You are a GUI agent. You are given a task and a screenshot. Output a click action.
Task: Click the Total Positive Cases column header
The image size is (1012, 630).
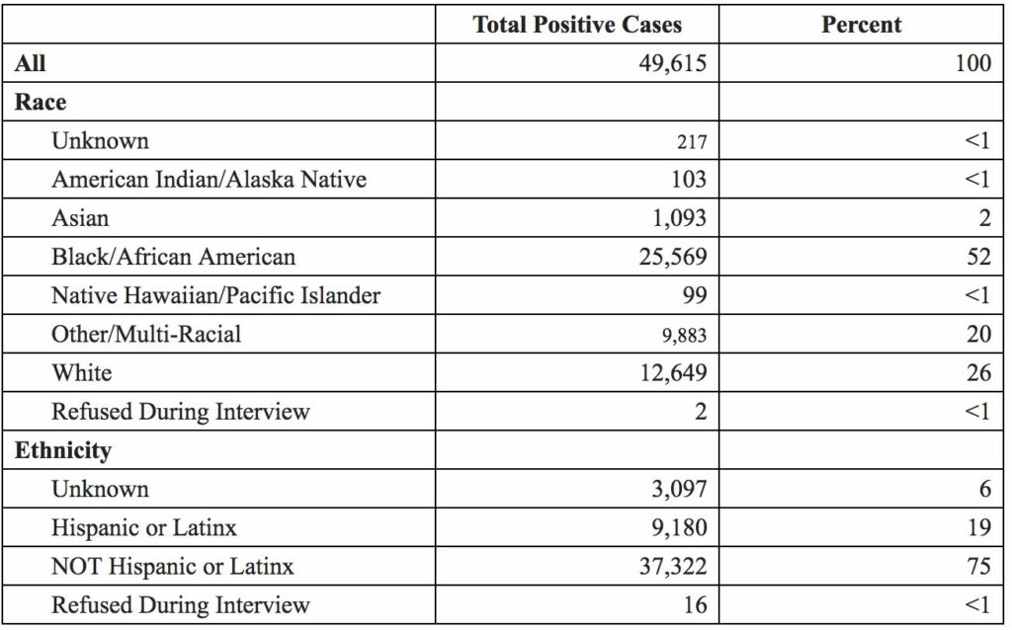point(577,26)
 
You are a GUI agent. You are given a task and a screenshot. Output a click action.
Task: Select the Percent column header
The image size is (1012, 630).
point(862,26)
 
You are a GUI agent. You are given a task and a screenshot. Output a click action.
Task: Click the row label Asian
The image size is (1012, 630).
point(80,218)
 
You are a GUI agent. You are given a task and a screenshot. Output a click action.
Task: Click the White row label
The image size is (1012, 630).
point(81,372)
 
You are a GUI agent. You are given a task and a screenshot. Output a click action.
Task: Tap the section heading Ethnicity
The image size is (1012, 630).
point(63,450)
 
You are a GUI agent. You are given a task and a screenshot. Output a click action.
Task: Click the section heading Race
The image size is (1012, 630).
point(41,103)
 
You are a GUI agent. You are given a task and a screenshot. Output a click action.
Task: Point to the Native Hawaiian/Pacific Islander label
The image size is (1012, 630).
point(215,295)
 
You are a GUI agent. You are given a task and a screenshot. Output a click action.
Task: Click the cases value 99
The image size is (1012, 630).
point(695,295)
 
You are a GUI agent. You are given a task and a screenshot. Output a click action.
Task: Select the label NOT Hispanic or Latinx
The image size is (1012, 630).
point(173,566)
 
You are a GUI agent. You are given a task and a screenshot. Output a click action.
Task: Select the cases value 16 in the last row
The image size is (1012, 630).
point(696,604)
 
